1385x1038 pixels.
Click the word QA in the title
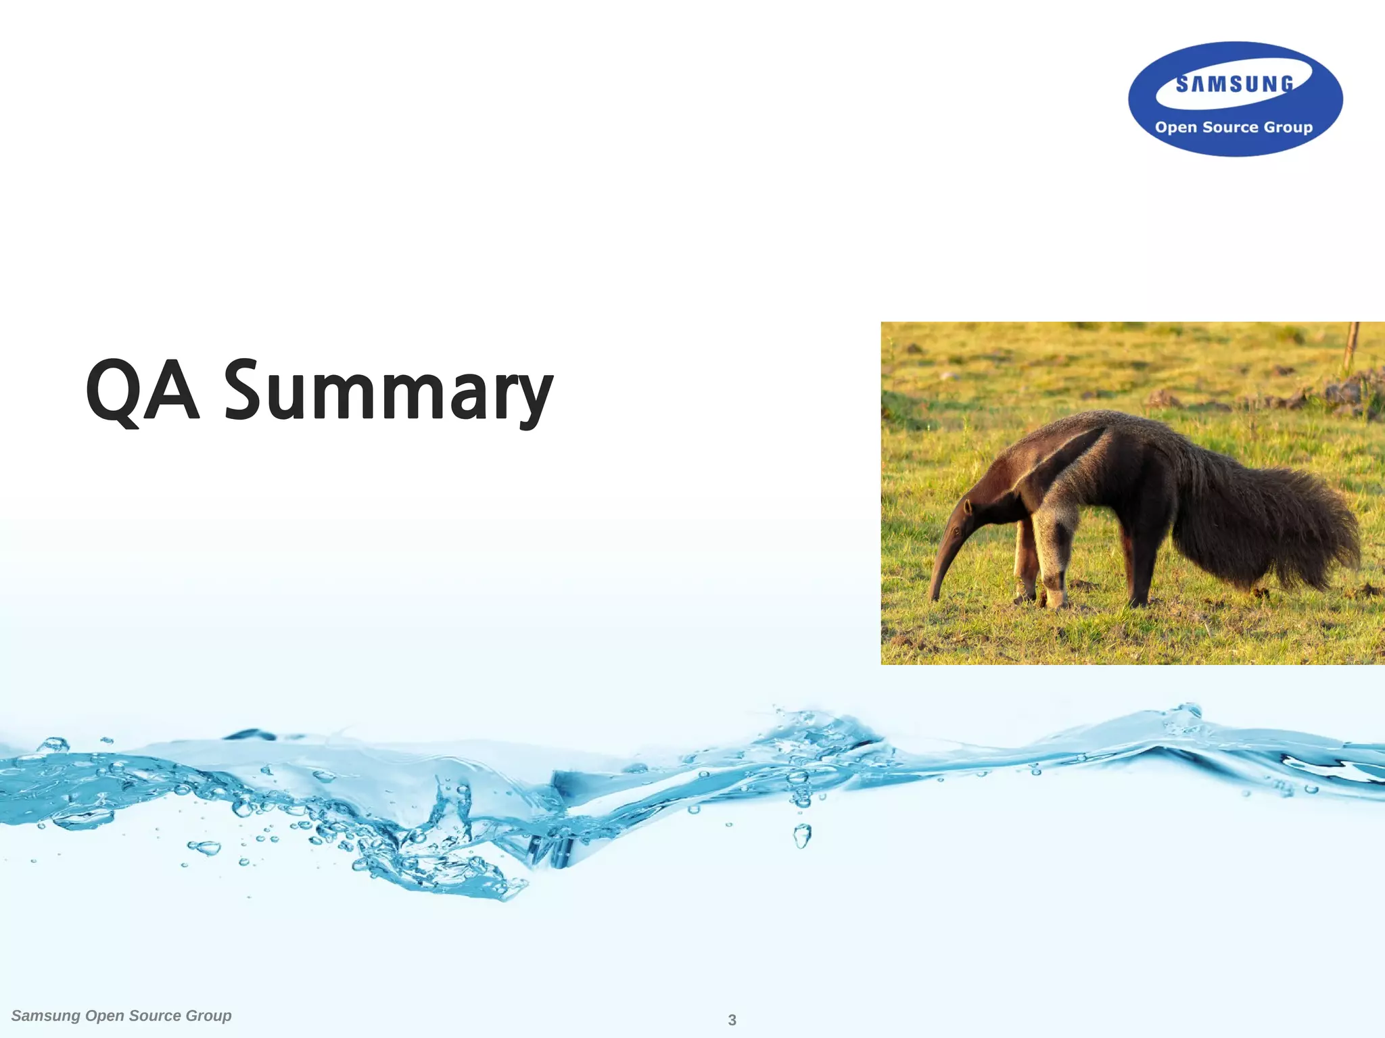pos(143,391)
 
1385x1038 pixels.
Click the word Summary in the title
pos(388,392)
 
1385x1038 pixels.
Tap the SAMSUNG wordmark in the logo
pos(1234,84)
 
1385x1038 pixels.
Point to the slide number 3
pos(732,1020)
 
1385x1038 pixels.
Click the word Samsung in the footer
pos(46,1016)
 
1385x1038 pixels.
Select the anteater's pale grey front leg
pos(1052,554)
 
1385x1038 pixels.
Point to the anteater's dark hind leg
pos(1143,561)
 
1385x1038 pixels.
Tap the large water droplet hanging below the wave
pos(802,837)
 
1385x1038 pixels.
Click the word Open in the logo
pos(1176,128)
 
